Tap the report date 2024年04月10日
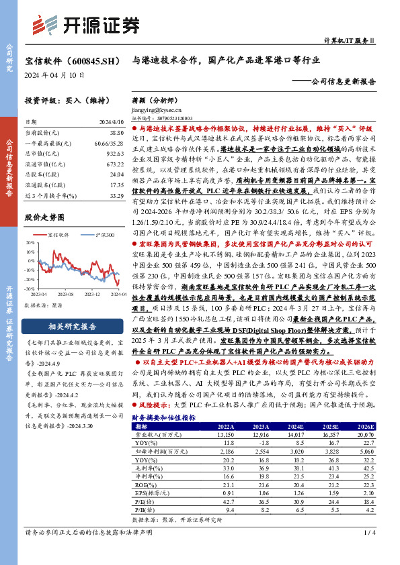point(55,76)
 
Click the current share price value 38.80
point(116,134)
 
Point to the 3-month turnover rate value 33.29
point(116,195)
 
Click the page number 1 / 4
point(368,551)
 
